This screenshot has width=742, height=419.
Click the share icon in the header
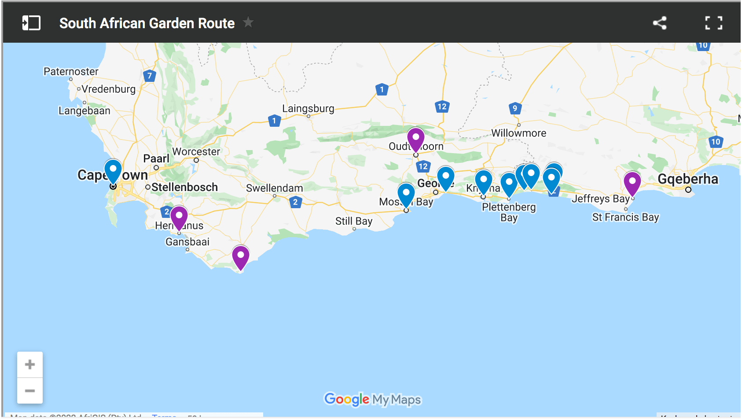(x=659, y=23)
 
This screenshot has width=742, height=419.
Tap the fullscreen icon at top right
(x=713, y=23)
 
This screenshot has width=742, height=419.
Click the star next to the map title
(x=248, y=22)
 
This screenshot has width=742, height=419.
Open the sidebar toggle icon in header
(x=31, y=23)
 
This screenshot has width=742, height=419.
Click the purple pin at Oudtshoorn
(x=415, y=139)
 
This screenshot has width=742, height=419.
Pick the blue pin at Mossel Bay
(x=406, y=194)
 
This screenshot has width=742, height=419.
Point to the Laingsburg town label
(x=308, y=108)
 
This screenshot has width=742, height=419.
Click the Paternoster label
(x=71, y=71)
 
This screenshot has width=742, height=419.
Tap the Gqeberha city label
(x=687, y=179)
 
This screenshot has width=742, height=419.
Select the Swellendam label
(x=274, y=188)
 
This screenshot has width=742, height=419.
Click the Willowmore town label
(x=518, y=133)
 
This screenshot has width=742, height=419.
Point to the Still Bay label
(x=353, y=221)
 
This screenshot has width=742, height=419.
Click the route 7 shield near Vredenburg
(x=150, y=76)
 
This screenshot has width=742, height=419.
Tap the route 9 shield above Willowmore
(x=515, y=108)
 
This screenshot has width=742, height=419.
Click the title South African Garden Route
(x=147, y=23)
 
